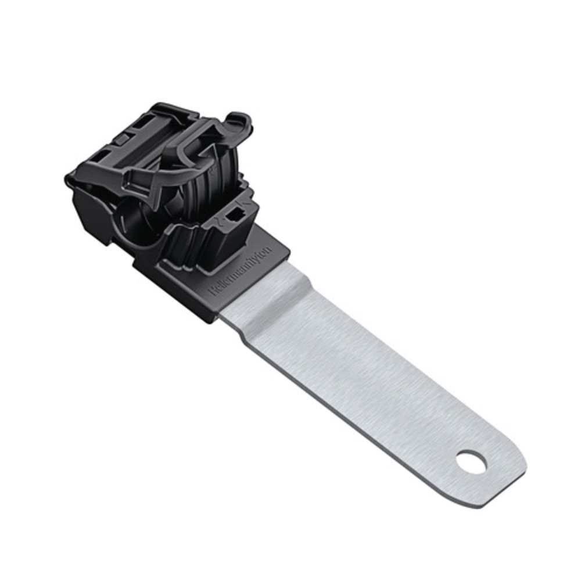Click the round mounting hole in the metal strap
471,463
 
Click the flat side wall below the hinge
90,209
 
